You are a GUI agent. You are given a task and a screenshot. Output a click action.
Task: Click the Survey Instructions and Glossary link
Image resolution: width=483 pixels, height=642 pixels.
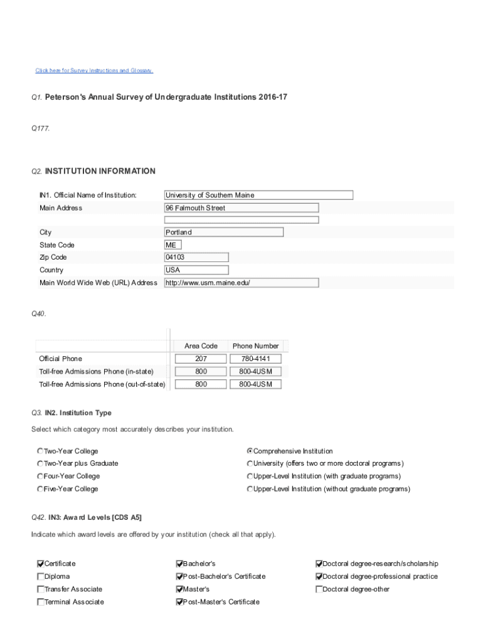94,71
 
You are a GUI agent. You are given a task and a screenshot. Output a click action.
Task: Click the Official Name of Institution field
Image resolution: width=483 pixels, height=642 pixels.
258,195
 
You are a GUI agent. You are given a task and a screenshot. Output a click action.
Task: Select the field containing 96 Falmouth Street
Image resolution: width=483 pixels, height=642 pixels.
242,208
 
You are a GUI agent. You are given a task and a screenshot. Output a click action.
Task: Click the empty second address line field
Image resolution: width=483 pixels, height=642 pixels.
242,220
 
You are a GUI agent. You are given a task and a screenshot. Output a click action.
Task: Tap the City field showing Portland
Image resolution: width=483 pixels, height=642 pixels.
223,232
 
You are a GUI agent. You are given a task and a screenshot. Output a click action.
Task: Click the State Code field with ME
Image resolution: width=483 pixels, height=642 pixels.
171,245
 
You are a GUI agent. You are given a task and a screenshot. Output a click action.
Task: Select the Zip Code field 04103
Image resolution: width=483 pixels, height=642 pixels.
196,258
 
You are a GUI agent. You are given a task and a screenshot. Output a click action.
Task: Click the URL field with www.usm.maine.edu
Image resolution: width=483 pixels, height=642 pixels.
242,283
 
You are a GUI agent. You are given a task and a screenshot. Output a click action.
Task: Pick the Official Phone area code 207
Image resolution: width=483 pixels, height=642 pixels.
201,359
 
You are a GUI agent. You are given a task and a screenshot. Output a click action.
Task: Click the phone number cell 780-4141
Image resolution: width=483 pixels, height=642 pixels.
255,359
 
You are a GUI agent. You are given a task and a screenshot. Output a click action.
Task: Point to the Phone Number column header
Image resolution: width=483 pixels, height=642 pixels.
255,346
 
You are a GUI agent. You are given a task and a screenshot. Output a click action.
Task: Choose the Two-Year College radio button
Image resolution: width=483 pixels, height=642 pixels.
40,451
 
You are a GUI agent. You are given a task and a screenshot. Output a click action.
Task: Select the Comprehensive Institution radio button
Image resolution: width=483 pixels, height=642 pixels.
250,451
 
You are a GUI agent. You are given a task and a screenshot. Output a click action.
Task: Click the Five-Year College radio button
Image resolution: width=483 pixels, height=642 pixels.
40,489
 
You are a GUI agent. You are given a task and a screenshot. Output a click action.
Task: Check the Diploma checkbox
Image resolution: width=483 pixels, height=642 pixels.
41,577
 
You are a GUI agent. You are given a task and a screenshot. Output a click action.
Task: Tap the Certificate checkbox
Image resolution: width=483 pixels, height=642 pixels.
41,564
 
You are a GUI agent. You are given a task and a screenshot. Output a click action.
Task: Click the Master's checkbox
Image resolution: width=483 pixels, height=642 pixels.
179,589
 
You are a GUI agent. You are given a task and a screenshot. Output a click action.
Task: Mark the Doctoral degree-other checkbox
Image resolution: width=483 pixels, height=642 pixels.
319,589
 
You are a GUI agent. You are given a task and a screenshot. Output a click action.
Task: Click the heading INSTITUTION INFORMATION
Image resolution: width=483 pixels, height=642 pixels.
100,171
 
